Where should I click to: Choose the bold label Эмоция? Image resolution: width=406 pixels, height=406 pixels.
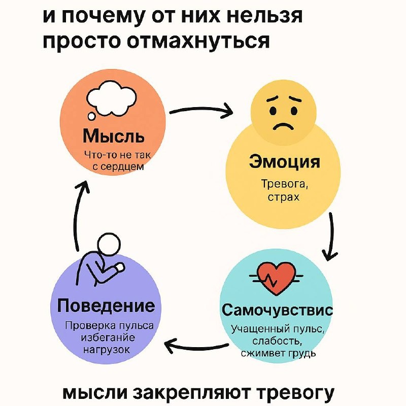pos(284,163)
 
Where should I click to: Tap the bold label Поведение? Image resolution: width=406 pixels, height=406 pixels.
pos(106,306)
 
